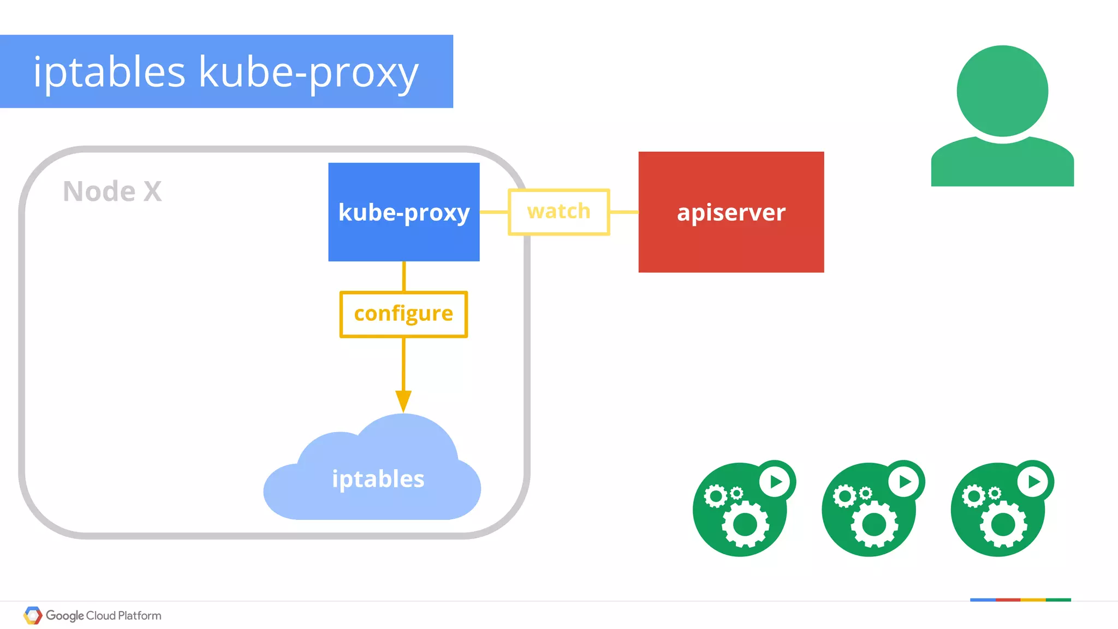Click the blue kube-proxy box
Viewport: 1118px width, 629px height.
404,212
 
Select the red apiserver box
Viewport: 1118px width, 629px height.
731,212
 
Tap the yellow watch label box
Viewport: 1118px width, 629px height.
558,212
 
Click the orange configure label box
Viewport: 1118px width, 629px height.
403,314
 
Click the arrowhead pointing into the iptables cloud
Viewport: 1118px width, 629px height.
403,401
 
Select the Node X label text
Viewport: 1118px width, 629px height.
112,191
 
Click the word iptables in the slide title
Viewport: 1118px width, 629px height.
109,72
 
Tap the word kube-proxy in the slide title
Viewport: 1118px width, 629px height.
308,72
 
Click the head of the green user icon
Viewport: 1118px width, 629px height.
1002,91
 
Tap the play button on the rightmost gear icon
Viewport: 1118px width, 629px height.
1033,481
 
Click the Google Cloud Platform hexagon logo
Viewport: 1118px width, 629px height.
33,615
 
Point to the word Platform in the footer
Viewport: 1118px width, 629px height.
139,616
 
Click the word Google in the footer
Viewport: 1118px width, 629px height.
64,616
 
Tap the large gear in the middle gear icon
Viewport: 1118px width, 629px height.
874,525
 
